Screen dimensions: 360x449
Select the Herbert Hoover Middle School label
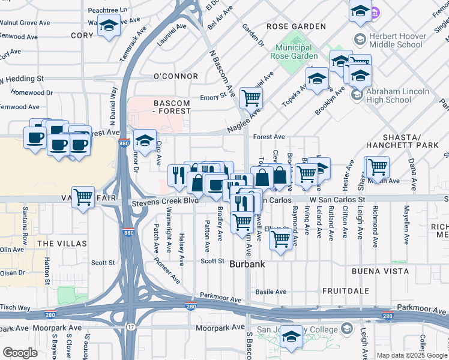click(x=397, y=40)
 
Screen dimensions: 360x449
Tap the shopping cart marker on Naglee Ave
click(x=251, y=97)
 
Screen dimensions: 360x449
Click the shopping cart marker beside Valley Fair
click(x=83, y=197)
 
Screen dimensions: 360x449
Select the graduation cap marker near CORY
click(x=109, y=26)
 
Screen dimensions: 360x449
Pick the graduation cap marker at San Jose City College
click(x=292, y=337)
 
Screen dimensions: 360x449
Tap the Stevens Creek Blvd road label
click(x=164, y=201)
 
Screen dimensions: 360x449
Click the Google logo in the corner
click(x=20, y=353)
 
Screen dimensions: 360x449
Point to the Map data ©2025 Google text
click(x=411, y=355)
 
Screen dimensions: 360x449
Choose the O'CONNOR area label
click(x=176, y=76)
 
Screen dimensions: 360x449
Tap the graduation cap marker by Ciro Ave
click(x=145, y=141)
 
